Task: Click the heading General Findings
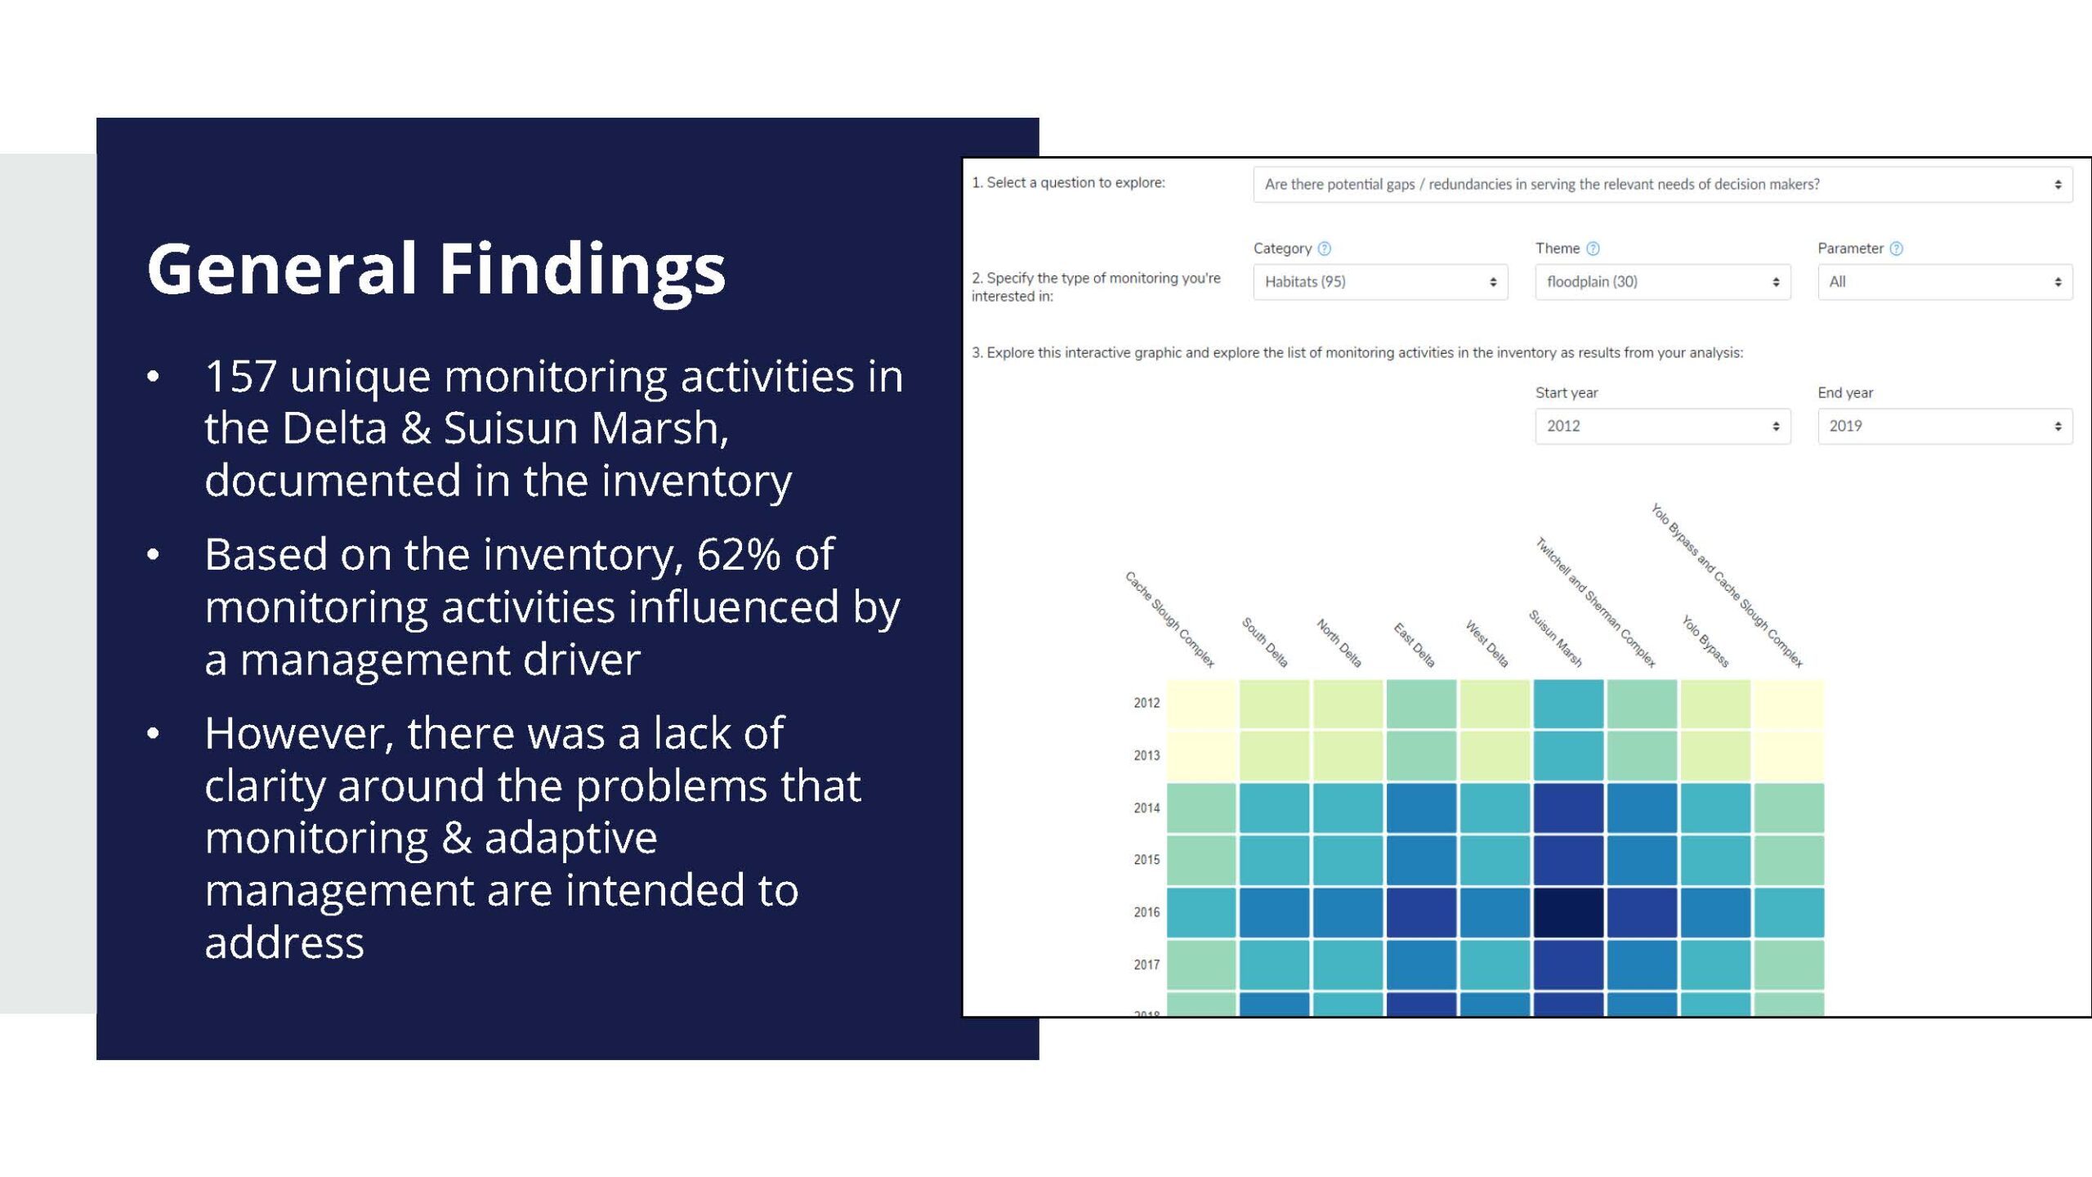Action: click(x=436, y=270)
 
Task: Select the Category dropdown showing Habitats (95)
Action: click(x=1380, y=282)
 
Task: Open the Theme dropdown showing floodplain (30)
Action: click(x=1662, y=282)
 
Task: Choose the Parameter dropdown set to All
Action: click(x=1945, y=282)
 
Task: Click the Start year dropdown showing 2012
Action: click(x=1662, y=426)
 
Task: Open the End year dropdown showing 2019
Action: click(x=1945, y=426)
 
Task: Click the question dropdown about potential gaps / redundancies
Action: click(x=1663, y=185)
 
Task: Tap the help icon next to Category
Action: click(x=1325, y=248)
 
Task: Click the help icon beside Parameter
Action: click(x=1897, y=248)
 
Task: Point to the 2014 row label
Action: click(x=1147, y=808)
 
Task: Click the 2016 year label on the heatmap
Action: click(x=1147, y=912)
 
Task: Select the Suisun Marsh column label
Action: click(x=1555, y=638)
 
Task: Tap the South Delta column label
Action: click(x=1265, y=642)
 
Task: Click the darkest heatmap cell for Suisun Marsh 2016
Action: click(x=1568, y=912)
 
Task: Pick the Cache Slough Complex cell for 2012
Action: click(x=1201, y=703)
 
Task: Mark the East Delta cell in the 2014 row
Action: click(x=1421, y=808)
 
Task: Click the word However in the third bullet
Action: click(x=299, y=733)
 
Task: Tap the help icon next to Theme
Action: click(x=1593, y=248)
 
